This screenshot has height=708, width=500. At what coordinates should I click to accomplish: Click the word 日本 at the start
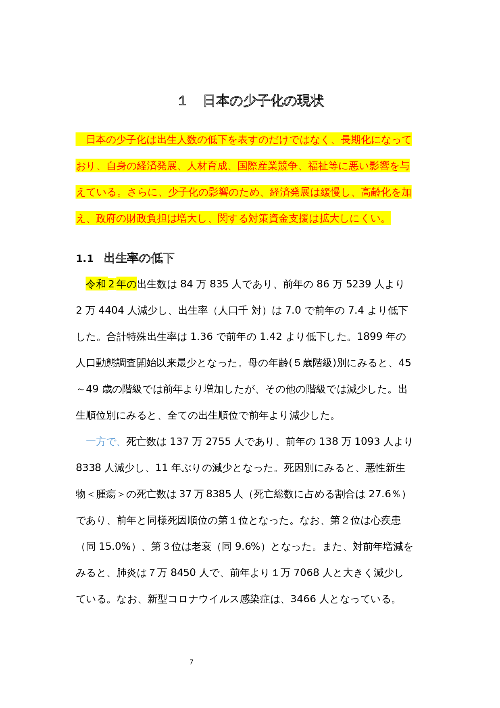pyautogui.click(x=96, y=140)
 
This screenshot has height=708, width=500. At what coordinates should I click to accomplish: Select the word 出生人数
pyautogui.click(x=177, y=140)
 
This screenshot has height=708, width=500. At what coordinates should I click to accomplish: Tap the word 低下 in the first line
pyautogui.click(x=217, y=140)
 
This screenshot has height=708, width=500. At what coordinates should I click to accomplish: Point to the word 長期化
pyautogui.click(x=356, y=140)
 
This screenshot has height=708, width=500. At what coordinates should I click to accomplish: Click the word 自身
pyautogui.click(x=116, y=166)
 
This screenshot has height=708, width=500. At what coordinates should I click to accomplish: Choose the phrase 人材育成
pyautogui.click(x=207, y=166)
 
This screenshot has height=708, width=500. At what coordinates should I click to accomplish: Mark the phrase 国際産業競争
pyautogui.click(x=267, y=166)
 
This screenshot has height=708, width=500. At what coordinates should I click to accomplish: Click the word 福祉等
pyautogui.click(x=323, y=166)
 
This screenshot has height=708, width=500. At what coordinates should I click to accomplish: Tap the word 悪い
pyautogui.click(x=358, y=166)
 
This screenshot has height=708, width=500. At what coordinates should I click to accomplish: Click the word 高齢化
pyautogui.click(x=376, y=192)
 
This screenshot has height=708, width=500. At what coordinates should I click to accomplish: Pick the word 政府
pyautogui.click(x=106, y=218)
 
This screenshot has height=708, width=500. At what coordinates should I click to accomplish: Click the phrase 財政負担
pyautogui.click(x=146, y=218)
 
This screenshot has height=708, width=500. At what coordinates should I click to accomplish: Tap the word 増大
pyautogui.click(x=187, y=218)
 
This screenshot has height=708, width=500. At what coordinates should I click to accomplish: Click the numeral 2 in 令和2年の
pyautogui.click(x=111, y=284)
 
